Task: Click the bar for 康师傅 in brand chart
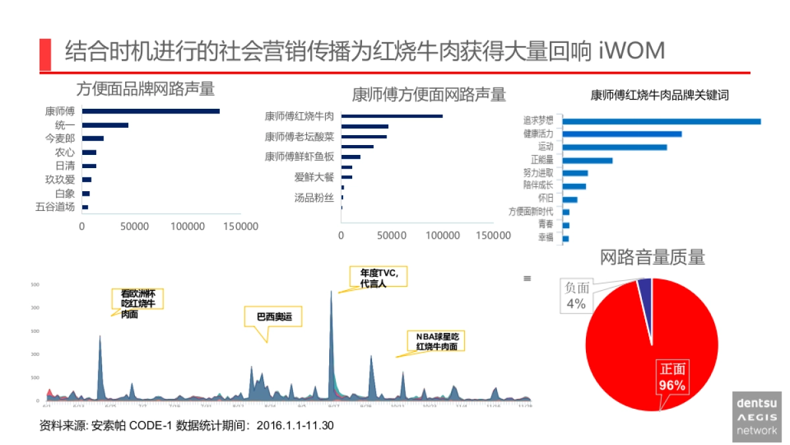tap(151, 111)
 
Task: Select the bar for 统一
tap(105, 125)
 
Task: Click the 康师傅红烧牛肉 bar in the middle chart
tap(392, 116)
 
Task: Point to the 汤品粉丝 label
tap(314, 197)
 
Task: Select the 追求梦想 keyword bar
tap(661, 121)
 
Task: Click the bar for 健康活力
tap(621, 134)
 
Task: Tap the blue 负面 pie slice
tap(645, 284)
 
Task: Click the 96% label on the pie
tap(672, 385)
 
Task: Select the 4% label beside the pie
tap(576, 304)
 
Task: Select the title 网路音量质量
tap(652, 257)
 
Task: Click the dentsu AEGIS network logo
tap(756, 416)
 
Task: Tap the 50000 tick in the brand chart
tap(134, 226)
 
